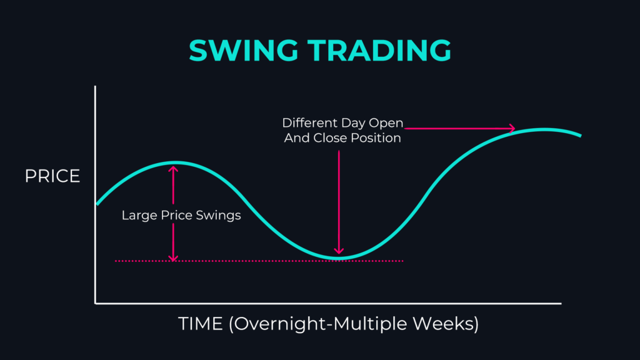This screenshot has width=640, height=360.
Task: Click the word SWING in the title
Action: pyautogui.click(x=243, y=50)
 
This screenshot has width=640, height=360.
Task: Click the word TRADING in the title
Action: pyautogui.click(x=379, y=50)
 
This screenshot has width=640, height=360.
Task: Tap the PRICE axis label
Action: pyautogui.click(x=52, y=176)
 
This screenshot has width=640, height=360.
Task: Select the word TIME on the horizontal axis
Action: pyautogui.click(x=201, y=324)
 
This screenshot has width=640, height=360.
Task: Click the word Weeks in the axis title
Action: pyautogui.click(x=442, y=324)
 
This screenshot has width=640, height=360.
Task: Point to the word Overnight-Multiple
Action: pyautogui.click(x=321, y=324)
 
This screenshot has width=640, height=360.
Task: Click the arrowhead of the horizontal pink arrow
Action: pyautogui.click(x=512, y=129)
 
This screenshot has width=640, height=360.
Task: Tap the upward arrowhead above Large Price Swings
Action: pyautogui.click(x=174, y=169)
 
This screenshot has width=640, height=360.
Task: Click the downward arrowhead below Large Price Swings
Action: pyautogui.click(x=173, y=258)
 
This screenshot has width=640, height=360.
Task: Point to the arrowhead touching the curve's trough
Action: pyautogui.click(x=339, y=250)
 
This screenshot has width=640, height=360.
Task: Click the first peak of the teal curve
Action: pyautogui.click(x=176, y=163)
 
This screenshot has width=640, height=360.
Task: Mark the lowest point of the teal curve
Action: pyautogui.click(x=339, y=257)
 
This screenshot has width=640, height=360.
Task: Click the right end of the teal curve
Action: pyautogui.click(x=581, y=135)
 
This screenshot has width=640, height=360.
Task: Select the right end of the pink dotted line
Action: pyautogui.click(x=402, y=261)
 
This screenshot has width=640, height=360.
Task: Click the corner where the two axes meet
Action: pyautogui.click(x=96, y=303)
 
